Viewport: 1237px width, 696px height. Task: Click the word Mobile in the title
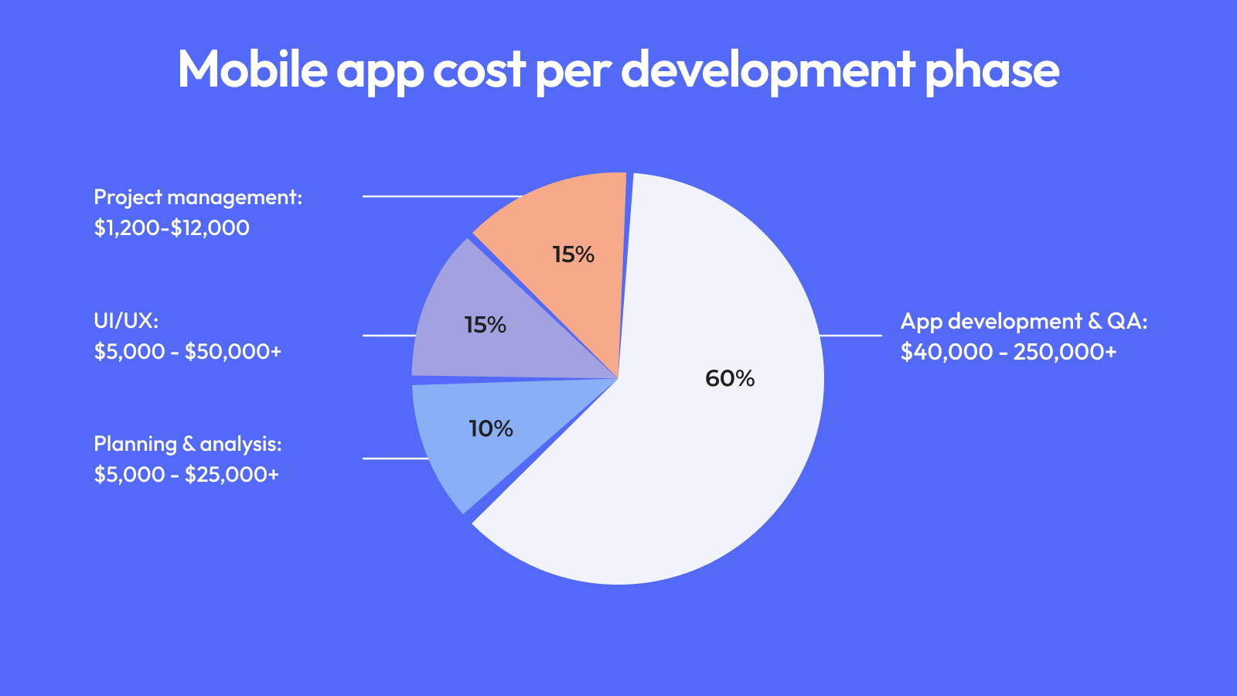[x=253, y=69]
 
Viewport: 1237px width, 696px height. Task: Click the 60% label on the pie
[x=730, y=378]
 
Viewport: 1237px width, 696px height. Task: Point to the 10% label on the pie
[x=491, y=428]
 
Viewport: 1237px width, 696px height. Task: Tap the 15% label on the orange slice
[x=574, y=254]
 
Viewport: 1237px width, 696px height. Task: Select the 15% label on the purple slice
[x=486, y=325]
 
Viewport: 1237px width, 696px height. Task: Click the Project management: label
[x=198, y=198]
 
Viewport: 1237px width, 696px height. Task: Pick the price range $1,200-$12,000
[x=172, y=228]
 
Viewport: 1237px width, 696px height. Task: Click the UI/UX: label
[x=126, y=321]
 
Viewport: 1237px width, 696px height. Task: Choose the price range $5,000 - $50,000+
[x=188, y=352]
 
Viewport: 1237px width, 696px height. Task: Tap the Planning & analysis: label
[x=188, y=444]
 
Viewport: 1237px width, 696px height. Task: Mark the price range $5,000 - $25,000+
[x=186, y=475]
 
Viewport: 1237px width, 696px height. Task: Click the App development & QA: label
[x=1024, y=322]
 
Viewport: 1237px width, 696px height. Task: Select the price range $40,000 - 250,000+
[x=1008, y=352]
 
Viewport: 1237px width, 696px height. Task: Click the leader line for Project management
[x=441, y=196]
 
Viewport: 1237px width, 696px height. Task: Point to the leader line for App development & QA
[x=850, y=336]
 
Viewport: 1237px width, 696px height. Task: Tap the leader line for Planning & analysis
[x=395, y=459]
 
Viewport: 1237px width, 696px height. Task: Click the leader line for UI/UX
[x=389, y=336]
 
